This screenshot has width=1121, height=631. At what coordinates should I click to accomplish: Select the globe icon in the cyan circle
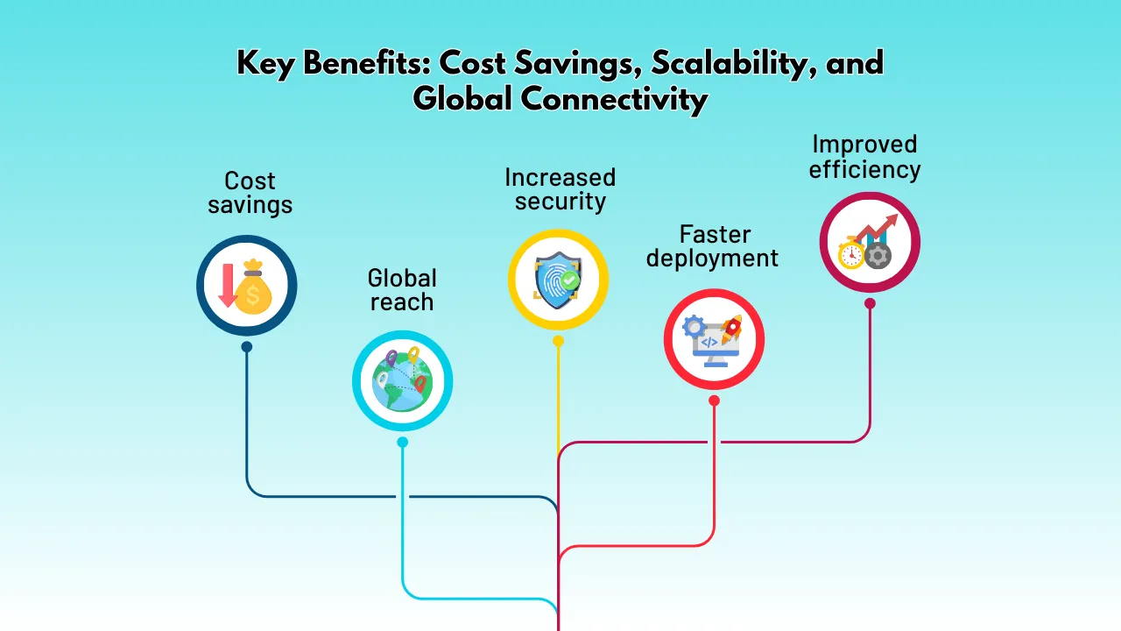(x=401, y=381)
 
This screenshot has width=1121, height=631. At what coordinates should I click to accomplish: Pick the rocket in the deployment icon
(x=730, y=329)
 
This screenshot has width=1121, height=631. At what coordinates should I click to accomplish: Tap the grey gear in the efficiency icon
(x=878, y=255)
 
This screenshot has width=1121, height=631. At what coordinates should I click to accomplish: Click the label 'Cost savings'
(x=250, y=193)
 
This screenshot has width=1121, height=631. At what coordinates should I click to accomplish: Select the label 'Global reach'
(x=402, y=290)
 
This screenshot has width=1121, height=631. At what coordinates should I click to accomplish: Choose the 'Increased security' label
(x=560, y=189)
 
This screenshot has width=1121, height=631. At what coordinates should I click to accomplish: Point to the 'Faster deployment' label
(x=712, y=246)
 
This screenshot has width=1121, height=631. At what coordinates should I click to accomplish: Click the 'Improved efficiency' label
(x=864, y=156)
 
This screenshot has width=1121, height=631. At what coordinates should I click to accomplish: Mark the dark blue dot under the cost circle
(x=247, y=347)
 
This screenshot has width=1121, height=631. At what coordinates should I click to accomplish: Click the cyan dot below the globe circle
(x=402, y=443)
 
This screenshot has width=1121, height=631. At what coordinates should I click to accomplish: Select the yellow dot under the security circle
(x=558, y=341)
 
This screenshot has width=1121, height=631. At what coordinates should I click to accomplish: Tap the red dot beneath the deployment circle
(x=714, y=401)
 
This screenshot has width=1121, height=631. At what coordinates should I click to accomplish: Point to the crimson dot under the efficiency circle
(x=870, y=303)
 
